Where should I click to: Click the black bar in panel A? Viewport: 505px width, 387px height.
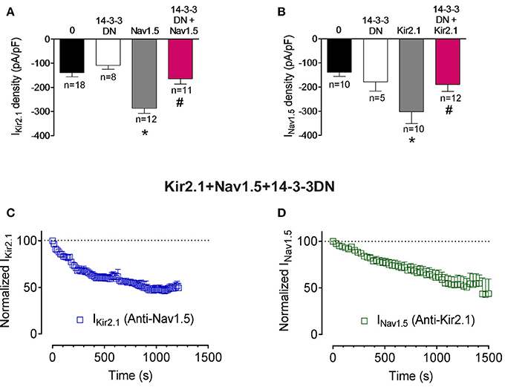pos(73,55)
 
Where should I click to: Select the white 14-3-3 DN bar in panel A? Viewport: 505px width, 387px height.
pos(108,51)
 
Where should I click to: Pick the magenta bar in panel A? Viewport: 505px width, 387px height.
pos(180,59)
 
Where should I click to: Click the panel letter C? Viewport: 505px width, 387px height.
pos(10,213)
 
